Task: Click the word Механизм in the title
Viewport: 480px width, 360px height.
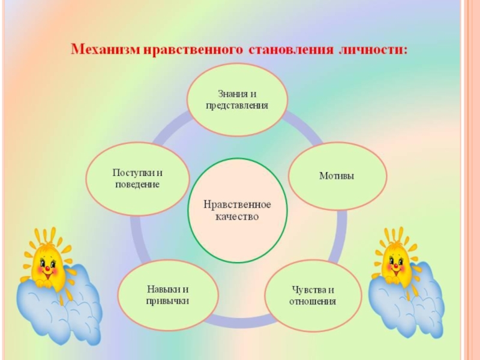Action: tap(106, 48)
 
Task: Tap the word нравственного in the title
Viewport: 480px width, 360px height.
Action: tap(192, 48)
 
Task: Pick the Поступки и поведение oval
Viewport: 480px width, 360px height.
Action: tap(137, 178)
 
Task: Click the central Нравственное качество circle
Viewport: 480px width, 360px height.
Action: tap(237, 210)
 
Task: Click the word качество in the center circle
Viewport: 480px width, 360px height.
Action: tap(237, 217)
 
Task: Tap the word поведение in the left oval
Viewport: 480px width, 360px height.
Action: tap(137, 184)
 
